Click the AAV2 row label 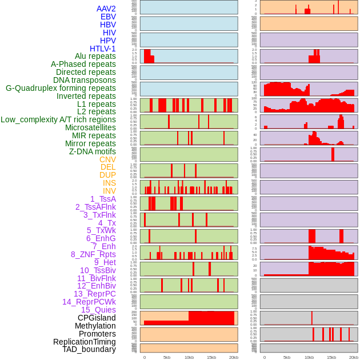coord(106,9)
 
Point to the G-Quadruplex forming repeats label coord(61,88)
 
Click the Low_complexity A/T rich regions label coord(58,119)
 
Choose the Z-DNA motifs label coord(92,151)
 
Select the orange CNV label coord(107,159)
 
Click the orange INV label coord(109,191)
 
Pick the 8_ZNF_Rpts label coord(93,254)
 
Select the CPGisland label coord(97,318)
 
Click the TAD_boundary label coord(89,349)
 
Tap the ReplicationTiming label coord(85,342)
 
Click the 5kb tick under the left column coord(167,357)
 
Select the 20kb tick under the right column coord(354,357)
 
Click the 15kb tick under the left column coord(211,357)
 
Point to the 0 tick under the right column coord(264,357)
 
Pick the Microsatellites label coord(90,127)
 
